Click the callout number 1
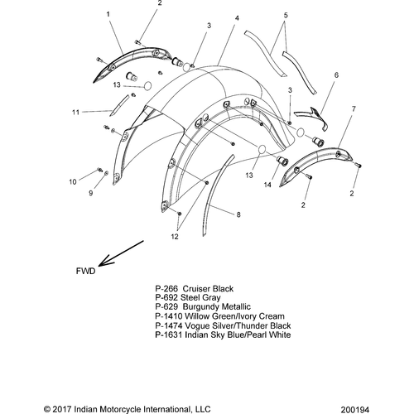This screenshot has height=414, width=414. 108,14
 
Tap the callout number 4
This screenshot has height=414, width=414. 237,18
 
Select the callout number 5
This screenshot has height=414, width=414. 286,15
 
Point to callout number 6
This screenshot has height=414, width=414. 336,75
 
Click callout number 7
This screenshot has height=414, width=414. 354,109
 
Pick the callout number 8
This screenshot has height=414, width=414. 238,214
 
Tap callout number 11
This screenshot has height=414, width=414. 75,113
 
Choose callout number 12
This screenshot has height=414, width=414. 175,237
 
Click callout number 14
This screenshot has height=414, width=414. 267,185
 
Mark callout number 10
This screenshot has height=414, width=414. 73,182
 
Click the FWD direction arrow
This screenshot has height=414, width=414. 121,253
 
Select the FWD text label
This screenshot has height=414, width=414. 85,271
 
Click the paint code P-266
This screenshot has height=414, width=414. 166,289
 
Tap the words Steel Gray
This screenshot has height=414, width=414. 200,297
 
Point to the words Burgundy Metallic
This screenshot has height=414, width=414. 217,306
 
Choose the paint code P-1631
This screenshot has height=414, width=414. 169,335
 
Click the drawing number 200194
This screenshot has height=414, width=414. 354,410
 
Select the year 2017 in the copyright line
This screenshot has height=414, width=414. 62,409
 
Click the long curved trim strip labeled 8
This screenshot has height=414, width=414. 217,195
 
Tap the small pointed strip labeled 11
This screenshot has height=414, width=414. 119,105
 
